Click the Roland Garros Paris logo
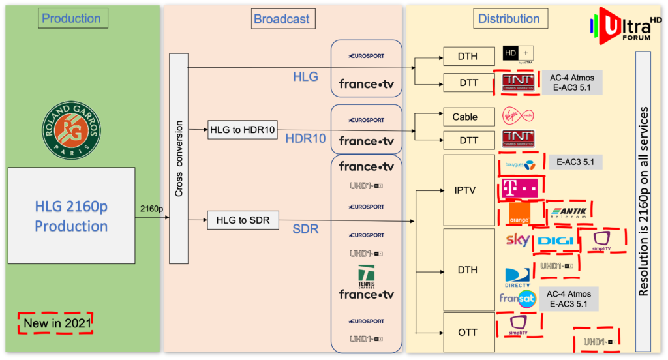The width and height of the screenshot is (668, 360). pos(72,128)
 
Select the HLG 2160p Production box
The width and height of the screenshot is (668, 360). pos(72,216)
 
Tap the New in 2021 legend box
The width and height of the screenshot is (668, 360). pos(55,323)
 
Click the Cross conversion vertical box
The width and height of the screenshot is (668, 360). pos(178,158)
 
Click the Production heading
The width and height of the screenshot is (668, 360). pos(72,18)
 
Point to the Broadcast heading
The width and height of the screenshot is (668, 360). pos(282,18)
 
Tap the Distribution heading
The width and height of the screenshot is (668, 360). pos(509,18)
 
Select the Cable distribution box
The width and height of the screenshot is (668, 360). pos(465,117)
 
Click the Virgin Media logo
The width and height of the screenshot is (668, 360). pos(518,117)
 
